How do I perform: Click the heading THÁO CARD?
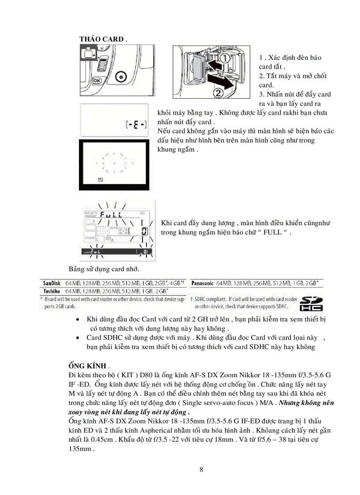click(101, 39)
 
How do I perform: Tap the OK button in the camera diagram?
click(97, 81)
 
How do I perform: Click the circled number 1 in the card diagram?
click(225, 58)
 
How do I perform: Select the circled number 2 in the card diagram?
click(219, 93)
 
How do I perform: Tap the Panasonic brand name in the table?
click(202, 283)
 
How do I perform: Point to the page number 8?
click(201, 469)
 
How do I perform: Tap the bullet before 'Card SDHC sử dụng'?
click(78, 338)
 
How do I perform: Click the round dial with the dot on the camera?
click(121, 78)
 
